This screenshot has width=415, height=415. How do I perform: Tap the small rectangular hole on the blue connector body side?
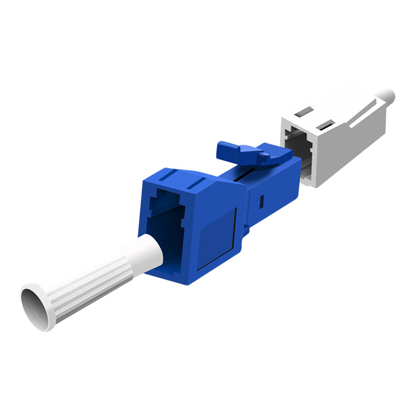click(x=261, y=199)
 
